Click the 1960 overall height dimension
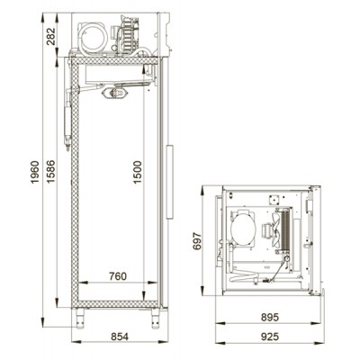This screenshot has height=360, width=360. tap(35, 173)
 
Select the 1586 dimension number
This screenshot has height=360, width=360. tap(50, 172)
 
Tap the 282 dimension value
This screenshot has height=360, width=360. tap(51, 36)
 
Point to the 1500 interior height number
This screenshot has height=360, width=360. tap(137, 173)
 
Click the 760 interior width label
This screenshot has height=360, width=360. tap(118, 276)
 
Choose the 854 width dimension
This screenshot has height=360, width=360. tap(120, 337)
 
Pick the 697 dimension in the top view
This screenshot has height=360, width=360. tap(197, 241)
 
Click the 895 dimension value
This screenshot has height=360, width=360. tap(270, 317)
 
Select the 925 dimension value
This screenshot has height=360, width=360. tap(270, 337)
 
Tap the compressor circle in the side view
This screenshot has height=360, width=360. tap(94, 38)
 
